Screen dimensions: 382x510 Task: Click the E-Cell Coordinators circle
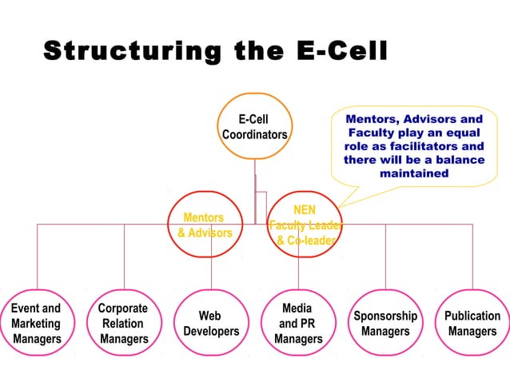coord(255,128)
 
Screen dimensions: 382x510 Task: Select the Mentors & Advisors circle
coord(205,225)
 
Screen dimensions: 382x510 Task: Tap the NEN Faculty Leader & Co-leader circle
coord(305,225)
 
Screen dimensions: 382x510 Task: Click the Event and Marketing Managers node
coord(37,323)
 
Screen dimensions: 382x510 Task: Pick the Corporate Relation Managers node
coord(124,323)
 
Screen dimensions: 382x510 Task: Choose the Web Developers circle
coord(211,323)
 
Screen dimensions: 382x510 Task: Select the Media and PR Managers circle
coord(298,323)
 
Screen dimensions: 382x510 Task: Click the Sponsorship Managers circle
coord(385,323)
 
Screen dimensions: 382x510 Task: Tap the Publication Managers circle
coord(472,323)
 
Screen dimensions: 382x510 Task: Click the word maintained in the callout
coord(413,173)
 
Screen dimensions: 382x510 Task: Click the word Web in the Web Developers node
coord(210,316)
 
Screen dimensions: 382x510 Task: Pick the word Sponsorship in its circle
coord(385,316)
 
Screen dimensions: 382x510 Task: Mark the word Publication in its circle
coord(472,316)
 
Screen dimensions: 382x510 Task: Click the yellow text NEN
coord(305,210)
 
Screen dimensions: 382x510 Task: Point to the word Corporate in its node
coord(122,308)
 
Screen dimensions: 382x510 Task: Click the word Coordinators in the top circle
coord(255,135)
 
